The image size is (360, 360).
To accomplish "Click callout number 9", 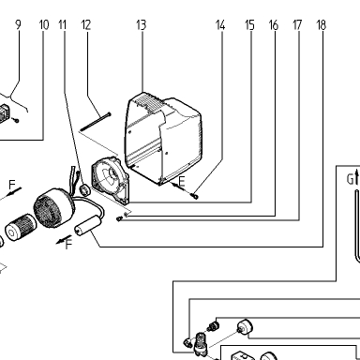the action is tap(18, 24).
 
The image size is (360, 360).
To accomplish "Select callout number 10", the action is tap(44, 24).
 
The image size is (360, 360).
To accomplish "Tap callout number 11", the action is tap(63, 24).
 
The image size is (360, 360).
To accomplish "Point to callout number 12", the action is tap(85, 24).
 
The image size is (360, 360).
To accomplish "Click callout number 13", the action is tap(142, 24).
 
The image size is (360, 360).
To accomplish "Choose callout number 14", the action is tap(220, 24).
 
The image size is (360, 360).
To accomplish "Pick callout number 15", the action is tap(249, 24).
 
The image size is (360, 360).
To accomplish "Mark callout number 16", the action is tap(274, 24).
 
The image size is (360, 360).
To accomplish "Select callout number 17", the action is tap(297, 24).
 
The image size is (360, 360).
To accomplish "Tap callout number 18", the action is tap(322, 24).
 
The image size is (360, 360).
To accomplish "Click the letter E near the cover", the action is tap(182, 182).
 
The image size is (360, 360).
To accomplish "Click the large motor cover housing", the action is tap(162, 139).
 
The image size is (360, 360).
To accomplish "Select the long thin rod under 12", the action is tap(96, 121).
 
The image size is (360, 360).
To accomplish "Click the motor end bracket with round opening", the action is tap(111, 180).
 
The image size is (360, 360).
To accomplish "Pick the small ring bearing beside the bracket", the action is tap(85, 189).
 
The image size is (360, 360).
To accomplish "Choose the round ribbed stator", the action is tap(53, 205).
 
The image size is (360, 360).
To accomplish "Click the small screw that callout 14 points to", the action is tap(195, 196).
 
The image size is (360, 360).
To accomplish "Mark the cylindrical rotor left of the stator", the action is tap(21, 228).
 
